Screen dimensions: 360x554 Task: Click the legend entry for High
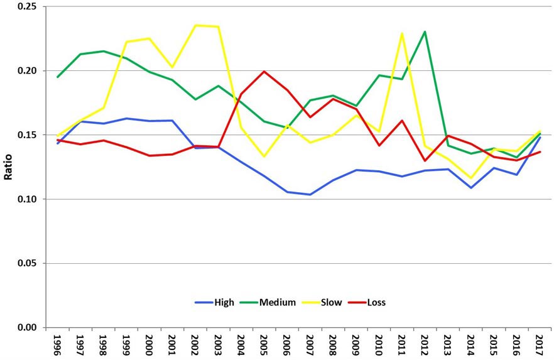pos(222,303)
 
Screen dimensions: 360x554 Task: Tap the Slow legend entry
pos(331,303)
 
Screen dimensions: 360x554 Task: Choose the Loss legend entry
pos(376,303)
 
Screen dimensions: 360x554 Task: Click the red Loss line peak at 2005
pos(264,72)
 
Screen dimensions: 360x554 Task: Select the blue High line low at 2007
pos(309,195)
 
